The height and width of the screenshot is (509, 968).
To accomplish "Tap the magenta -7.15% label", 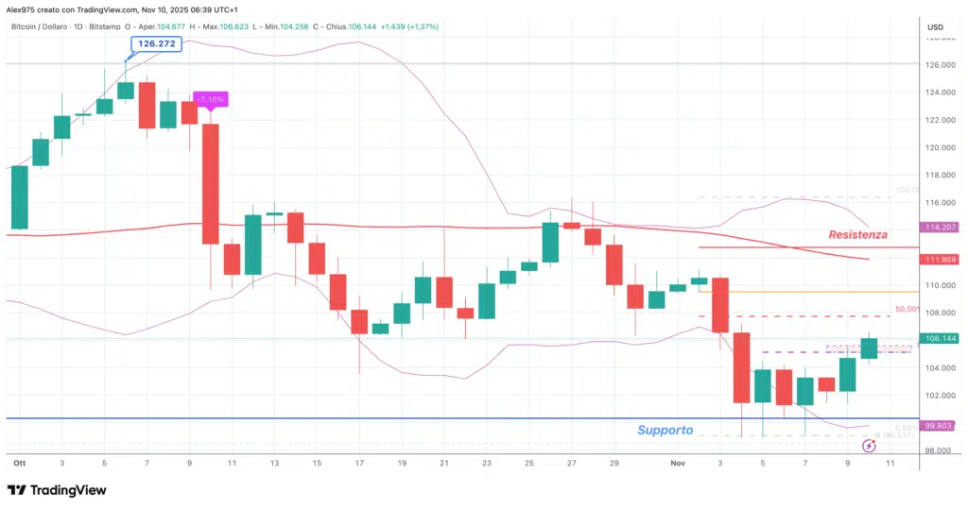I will tap(209, 98).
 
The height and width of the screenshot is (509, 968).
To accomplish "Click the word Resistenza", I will tap(858, 234).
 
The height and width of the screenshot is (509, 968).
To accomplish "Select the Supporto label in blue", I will tap(665, 430).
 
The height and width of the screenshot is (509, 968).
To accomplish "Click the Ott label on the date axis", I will tap(19, 464).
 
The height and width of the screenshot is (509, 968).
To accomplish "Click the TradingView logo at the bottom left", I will tap(56, 490).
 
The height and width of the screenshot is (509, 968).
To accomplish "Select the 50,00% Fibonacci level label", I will tap(908, 309).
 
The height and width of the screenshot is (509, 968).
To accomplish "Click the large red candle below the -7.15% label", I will tap(210, 183).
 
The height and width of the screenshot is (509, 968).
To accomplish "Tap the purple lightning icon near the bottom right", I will tap(869, 446).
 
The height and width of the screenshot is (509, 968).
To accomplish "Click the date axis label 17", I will tap(359, 464).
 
